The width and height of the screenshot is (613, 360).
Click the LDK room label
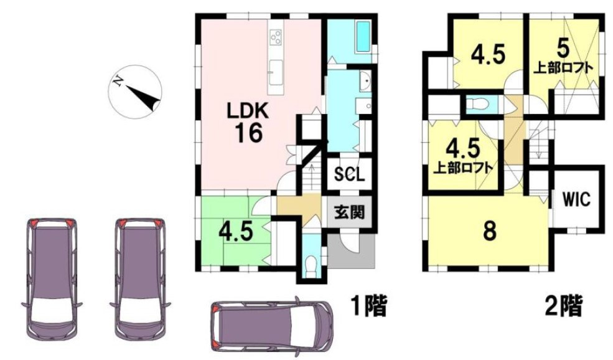[248, 111]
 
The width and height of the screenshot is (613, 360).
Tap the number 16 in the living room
[248, 133]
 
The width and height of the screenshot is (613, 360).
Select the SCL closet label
[350, 174]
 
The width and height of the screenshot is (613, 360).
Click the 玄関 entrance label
[349, 212]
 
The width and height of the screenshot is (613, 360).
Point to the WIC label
[576, 199]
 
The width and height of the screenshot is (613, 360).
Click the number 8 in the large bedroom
[489, 232]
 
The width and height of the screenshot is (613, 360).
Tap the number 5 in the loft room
[563, 49]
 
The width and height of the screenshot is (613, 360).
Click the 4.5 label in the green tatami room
[235, 232]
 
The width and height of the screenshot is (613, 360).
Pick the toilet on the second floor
[477, 104]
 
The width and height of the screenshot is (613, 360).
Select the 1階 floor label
[368, 306]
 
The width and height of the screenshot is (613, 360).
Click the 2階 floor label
[564, 306]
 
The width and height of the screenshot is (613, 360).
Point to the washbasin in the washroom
[365, 82]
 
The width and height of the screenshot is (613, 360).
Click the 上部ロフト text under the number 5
[563, 68]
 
